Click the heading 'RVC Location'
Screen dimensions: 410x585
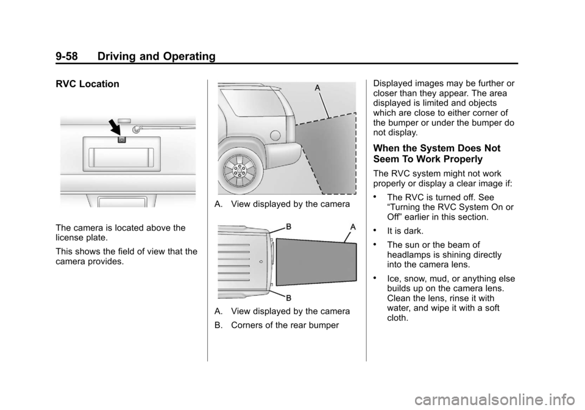tap(87, 84)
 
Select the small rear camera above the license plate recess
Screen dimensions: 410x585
tap(121, 139)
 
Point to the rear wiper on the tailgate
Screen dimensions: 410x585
tap(161, 127)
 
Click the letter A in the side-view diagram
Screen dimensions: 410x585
tap(317, 88)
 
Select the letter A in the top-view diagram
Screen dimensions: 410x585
tap(353, 226)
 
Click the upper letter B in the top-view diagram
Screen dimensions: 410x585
tap(288, 226)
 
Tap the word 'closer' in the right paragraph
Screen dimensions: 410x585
tap(387, 93)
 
